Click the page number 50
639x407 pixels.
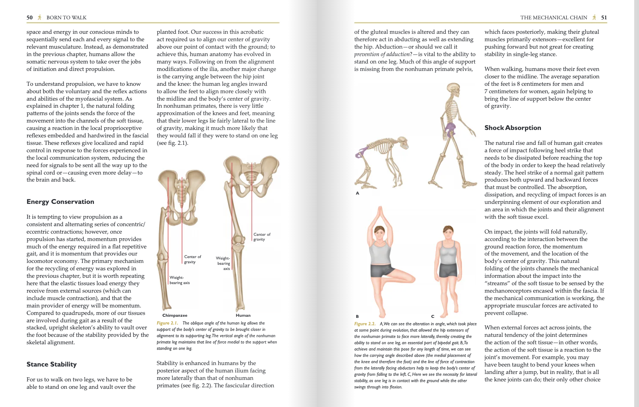29,17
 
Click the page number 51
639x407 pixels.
604,17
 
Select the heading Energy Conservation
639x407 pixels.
60,202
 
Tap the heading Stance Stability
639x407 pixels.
51,364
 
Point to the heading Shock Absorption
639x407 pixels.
512,128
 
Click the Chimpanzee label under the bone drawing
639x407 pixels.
175,315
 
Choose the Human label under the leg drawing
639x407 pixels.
243,315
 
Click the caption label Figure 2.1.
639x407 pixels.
167,323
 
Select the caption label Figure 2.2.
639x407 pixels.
365,324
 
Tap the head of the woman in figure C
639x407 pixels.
448,232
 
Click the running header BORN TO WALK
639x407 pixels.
67,17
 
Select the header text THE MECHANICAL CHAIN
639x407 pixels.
554,17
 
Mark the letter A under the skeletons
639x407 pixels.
357,193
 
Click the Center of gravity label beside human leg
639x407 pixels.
262,237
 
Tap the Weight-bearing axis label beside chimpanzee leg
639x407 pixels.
179,280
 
